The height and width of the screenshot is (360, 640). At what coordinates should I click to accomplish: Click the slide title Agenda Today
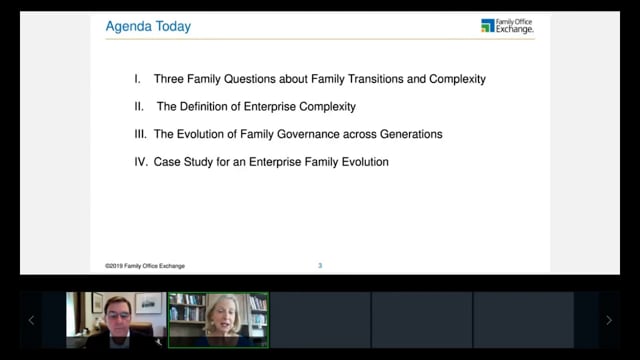click(148, 27)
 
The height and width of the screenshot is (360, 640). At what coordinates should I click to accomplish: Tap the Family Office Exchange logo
click(507, 26)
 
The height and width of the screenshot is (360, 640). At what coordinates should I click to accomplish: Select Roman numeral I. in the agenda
click(138, 79)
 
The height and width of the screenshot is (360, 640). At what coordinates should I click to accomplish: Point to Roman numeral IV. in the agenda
click(141, 162)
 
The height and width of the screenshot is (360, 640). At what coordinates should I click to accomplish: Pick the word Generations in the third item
click(411, 134)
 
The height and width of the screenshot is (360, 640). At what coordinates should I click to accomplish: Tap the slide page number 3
click(320, 266)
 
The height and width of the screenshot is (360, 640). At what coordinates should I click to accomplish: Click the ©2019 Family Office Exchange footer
click(145, 266)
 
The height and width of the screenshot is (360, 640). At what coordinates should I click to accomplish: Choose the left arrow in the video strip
click(31, 320)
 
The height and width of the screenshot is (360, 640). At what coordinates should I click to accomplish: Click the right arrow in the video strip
click(609, 320)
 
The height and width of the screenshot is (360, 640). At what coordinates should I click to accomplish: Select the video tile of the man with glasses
click(116, 320)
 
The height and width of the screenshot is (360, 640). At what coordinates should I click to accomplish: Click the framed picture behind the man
click(149, 303)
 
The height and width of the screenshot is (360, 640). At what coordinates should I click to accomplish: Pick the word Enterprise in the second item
click(270, 107)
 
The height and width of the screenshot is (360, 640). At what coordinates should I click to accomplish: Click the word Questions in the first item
click(250, 79)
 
